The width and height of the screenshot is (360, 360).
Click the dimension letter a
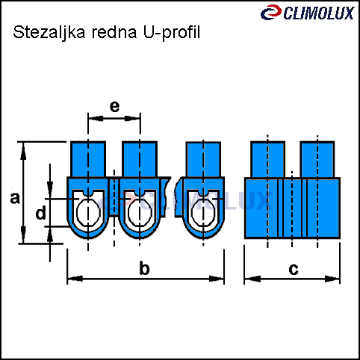pos(15,199)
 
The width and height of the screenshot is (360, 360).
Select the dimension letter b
pos(144,267)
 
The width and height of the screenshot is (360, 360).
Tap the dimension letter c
pos(294,269)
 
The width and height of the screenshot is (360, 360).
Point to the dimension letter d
pos(41,213)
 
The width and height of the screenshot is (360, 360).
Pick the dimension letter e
pos(114,106)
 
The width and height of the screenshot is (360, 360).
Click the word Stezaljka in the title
pos(49,33)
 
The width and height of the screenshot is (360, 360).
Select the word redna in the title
pos(114,32)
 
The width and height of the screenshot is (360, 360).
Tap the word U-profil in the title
pos(172,33)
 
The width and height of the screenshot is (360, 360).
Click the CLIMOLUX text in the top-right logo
pos(319,13)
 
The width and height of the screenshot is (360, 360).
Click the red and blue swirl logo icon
pos(271,12)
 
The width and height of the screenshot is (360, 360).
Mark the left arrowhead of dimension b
pos(75,279)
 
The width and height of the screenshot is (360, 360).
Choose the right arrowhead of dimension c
pos(332,279)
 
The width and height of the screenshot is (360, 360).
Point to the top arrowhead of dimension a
pos(23,151)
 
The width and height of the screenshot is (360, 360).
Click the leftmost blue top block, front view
pos(88,159)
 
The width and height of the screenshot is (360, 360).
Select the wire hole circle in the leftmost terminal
pos(88,212)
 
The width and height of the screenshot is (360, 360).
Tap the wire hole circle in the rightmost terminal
pos(204,212)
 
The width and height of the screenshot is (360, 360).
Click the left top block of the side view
pos(267,160)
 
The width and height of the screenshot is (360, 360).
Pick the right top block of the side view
pos(317,160)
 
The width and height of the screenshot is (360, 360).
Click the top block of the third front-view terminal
pos(203,159)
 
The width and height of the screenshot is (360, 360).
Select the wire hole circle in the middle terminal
pos(140,212)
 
